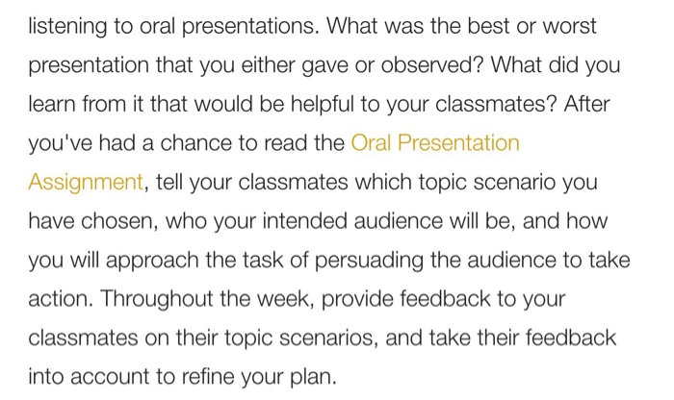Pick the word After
pyautogui.click(x=588, y=105)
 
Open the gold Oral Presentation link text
pyautogui.click(x=435, y=144)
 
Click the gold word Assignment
pyautogui.click(x=86, y=183)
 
